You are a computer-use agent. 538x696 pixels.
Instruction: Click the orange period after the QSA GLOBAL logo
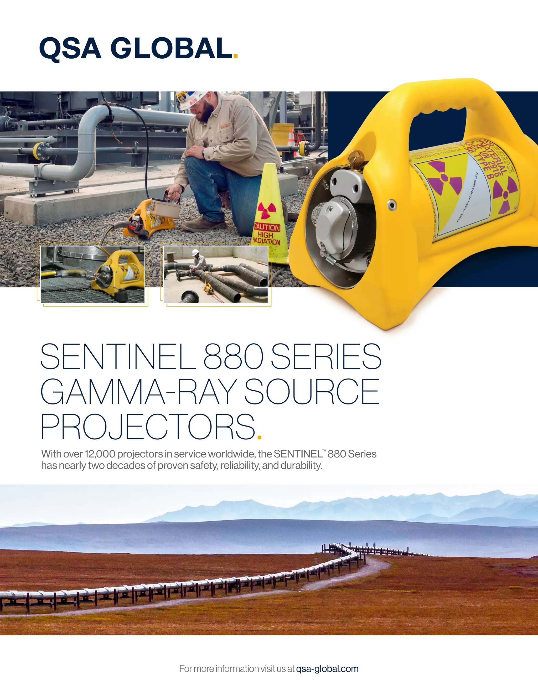236,56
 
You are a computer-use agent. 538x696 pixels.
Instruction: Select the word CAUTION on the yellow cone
267,227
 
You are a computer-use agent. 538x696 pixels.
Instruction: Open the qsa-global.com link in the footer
327,669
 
